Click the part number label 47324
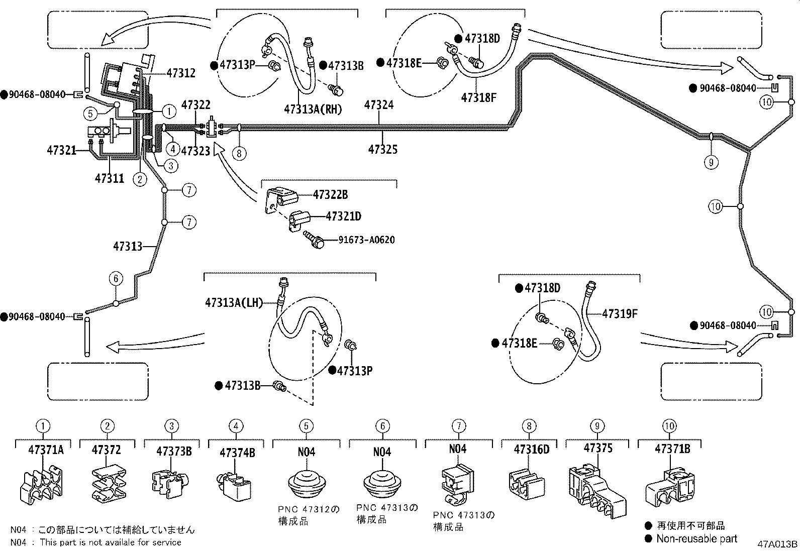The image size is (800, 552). point(379,105)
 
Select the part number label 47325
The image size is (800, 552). point(382,149)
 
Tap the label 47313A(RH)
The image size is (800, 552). point(313,109)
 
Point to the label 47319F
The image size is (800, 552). point(619,314)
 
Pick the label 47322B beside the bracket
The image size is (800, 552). point(330,194)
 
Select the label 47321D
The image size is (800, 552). point(343,216)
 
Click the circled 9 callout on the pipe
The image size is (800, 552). point(711,162)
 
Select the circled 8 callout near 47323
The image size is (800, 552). point(239,153)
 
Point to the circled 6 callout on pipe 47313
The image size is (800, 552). point(116,278)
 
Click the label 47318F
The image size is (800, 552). point(478,97)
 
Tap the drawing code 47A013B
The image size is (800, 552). point(777,544)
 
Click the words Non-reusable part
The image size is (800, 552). point(696,538)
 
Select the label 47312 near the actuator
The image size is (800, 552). point(180,73)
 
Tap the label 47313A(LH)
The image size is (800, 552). point(234,302)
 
